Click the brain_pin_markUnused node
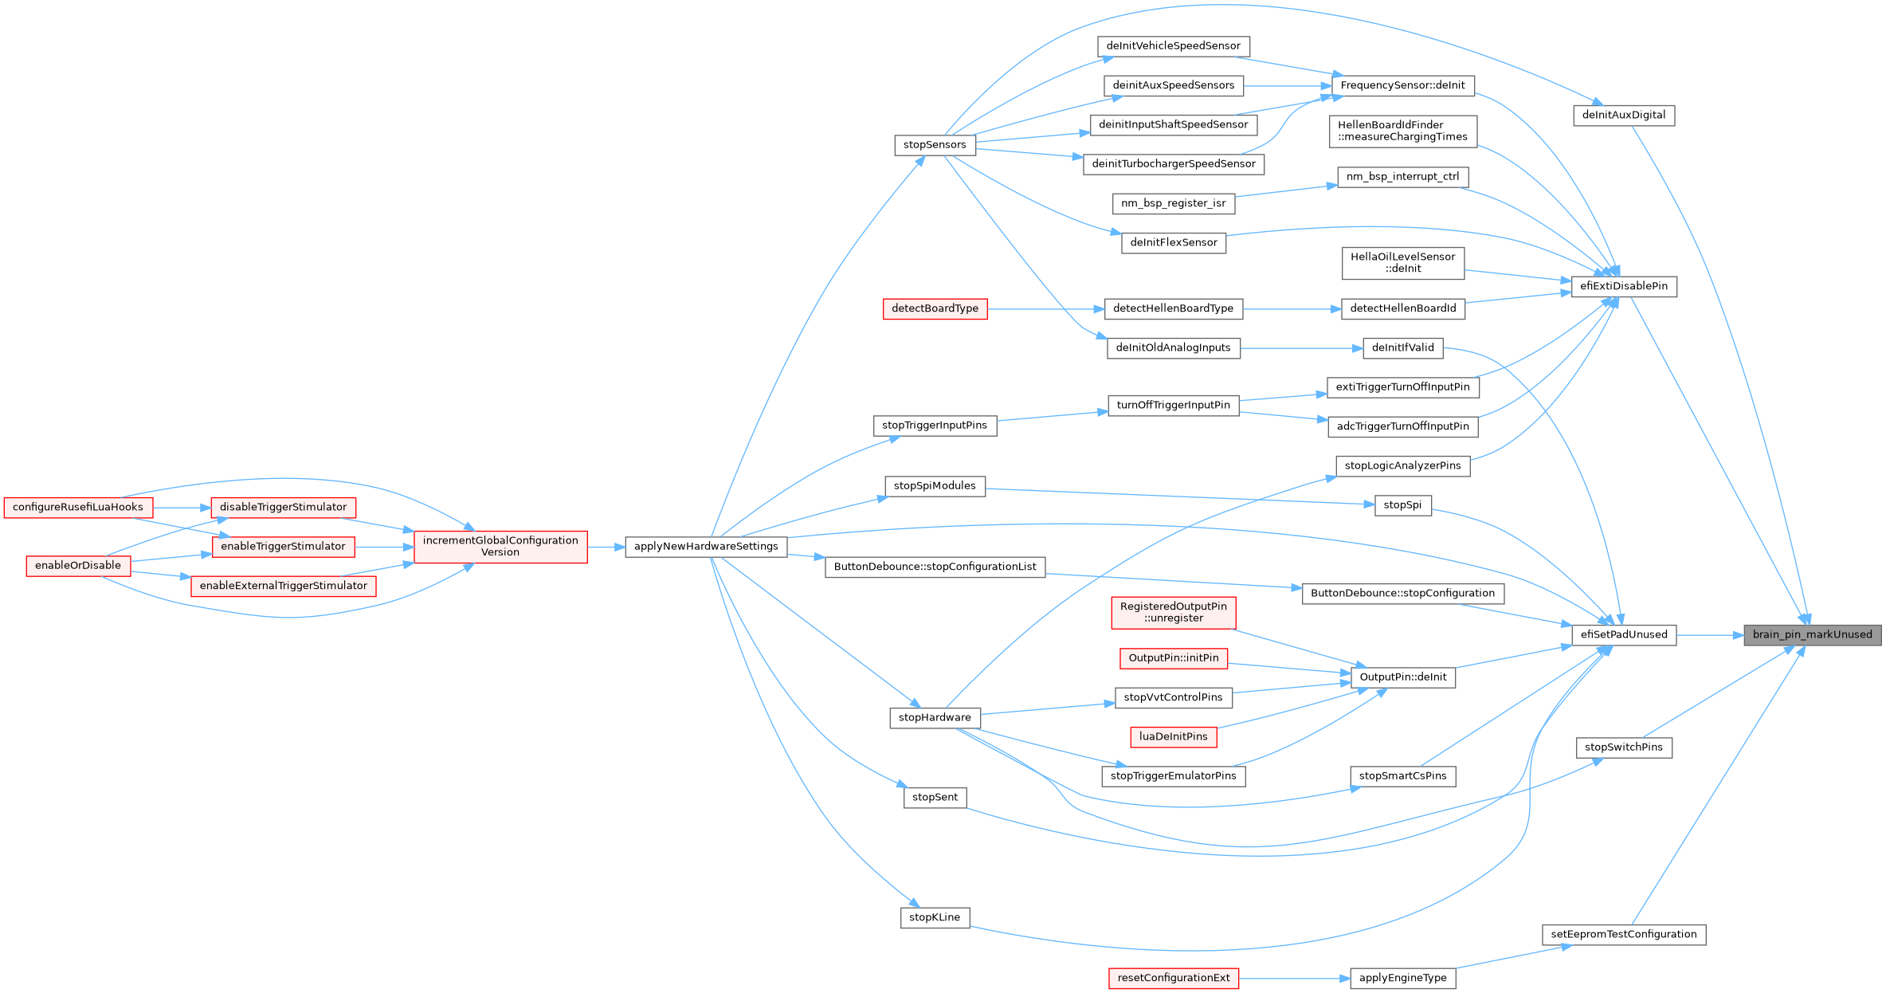click(x=1812, y=635)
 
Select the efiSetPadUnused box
click(x=1623, y=635)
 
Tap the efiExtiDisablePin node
click(x=1623, y=287)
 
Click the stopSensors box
click(x=934, y=145)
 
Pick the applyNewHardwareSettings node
click(x=706, y=547)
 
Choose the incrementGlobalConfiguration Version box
click(x=500, y=547)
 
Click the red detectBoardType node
click(x=934, y=309)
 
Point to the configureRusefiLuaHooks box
click(x=78, y=508)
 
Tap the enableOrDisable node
click(x=78, y=566)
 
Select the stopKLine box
click(x=934, y=918)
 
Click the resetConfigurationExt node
click(x=1173, y=979)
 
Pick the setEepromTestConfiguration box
click(x=1623, y=935)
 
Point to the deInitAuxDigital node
click(x=1623, y=116)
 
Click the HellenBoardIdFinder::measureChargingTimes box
click(x=1402, y=131)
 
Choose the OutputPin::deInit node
click(x=1402, y=677)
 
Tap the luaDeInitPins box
click(x=1173, y=737)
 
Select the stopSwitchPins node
click(x=1623, y=748)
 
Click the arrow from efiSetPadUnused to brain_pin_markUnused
click(x=1710, y=635)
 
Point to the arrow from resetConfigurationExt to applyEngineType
click(x=1294, y=979)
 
